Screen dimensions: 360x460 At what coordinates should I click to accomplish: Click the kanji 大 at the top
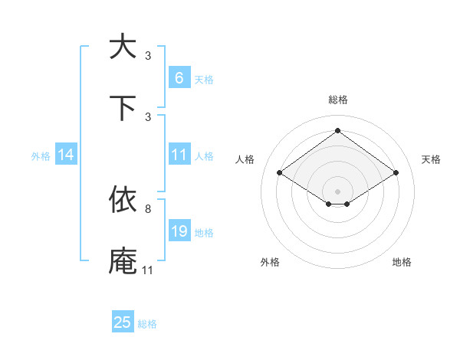(x=123, y=47)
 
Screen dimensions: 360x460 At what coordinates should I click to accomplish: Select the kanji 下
(x=123, y=108)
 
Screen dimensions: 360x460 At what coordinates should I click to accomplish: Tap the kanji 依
(x=123, y=200)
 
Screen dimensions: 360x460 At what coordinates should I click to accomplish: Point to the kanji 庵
(x=123, y=261)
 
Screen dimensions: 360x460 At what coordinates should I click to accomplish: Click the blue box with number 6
(x=179, y=77)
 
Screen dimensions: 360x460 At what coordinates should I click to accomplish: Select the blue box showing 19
(x=179, y=231)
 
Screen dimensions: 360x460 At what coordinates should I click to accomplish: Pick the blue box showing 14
(x=66, y=155)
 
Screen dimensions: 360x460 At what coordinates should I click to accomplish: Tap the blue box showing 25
(x=123, y=322)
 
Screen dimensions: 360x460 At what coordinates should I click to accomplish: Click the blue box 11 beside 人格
(x=179, y=155)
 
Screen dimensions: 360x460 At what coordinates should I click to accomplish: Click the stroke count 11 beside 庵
(x=147, y=270)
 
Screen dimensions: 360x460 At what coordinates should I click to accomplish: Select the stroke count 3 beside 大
(x=147, y=55)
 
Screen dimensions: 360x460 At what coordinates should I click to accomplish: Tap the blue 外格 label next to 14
(x=41, y=155)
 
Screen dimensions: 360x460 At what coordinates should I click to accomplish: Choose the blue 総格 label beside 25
(x=147, y=324)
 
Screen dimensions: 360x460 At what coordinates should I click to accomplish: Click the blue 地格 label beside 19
(x=204, y=232)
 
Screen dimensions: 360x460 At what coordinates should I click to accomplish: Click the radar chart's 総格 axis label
(x=337, y=100)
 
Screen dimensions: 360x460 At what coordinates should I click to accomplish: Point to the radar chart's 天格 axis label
(x=431, y=159)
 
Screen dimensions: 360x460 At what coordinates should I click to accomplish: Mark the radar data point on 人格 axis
(x=280, y=173)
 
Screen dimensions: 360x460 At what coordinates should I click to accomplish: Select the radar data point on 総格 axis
(x=337, y=130)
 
